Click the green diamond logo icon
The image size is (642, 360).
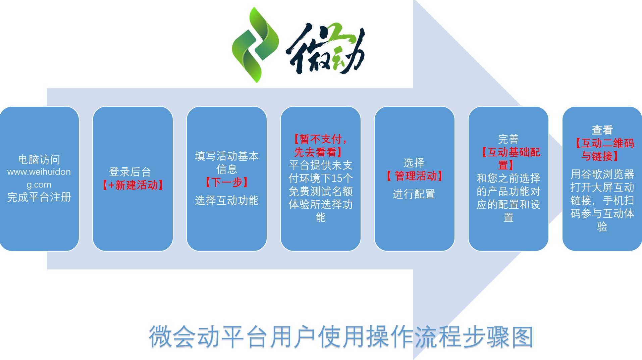point(255,45)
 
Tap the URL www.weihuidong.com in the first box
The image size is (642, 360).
point(39,178)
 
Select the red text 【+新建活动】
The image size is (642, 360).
point(132,185)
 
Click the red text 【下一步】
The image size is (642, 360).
point(227,183)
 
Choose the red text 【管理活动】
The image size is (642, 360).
point(414,176)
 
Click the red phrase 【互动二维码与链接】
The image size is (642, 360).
point(602,149)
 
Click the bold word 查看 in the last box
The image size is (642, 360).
point(602,130)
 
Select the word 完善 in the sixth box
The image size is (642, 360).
point(508,139)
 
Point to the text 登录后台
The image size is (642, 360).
point(130,172)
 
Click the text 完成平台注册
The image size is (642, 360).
point(39,197)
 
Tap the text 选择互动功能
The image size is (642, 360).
point(227,200)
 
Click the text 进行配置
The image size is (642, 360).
point(414,194)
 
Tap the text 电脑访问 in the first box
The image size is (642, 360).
point(39,159)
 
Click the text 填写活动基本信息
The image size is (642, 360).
point(227,162)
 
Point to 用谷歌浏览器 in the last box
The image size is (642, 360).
point(602,174)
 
